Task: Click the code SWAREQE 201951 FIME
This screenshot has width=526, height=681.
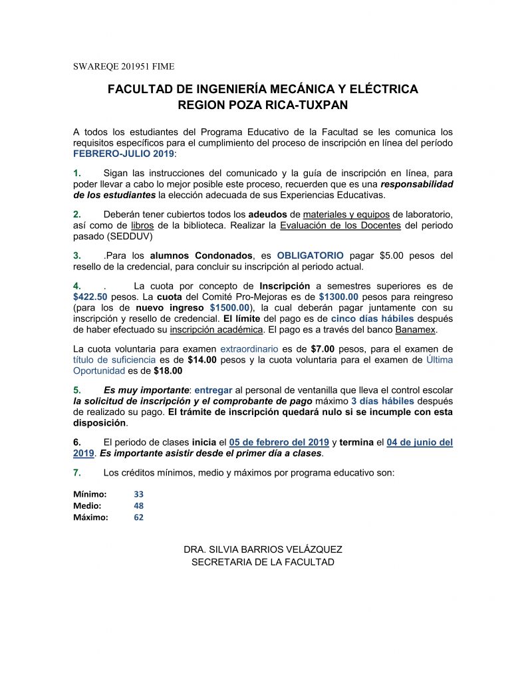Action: [123, 66]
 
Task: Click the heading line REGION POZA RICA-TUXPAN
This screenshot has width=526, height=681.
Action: [263, 104]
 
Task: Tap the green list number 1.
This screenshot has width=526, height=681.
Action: [77, 173]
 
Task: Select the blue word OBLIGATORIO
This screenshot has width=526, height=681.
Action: [311, 255]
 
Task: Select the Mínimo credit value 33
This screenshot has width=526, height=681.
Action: [138, 494]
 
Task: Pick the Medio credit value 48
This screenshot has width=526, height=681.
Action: [138, 505]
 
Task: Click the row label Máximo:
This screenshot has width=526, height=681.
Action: [90, 517]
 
